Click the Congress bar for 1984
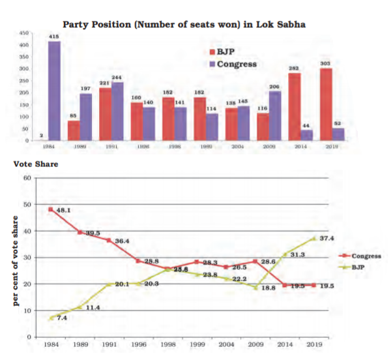coord(54,91)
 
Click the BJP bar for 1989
coord(74,130)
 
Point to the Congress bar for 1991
coord(118,111)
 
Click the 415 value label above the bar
coord(55,37)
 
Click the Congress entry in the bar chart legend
coord(233,64)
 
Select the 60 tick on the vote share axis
coord(28,177)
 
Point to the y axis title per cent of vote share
coord(14,257)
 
